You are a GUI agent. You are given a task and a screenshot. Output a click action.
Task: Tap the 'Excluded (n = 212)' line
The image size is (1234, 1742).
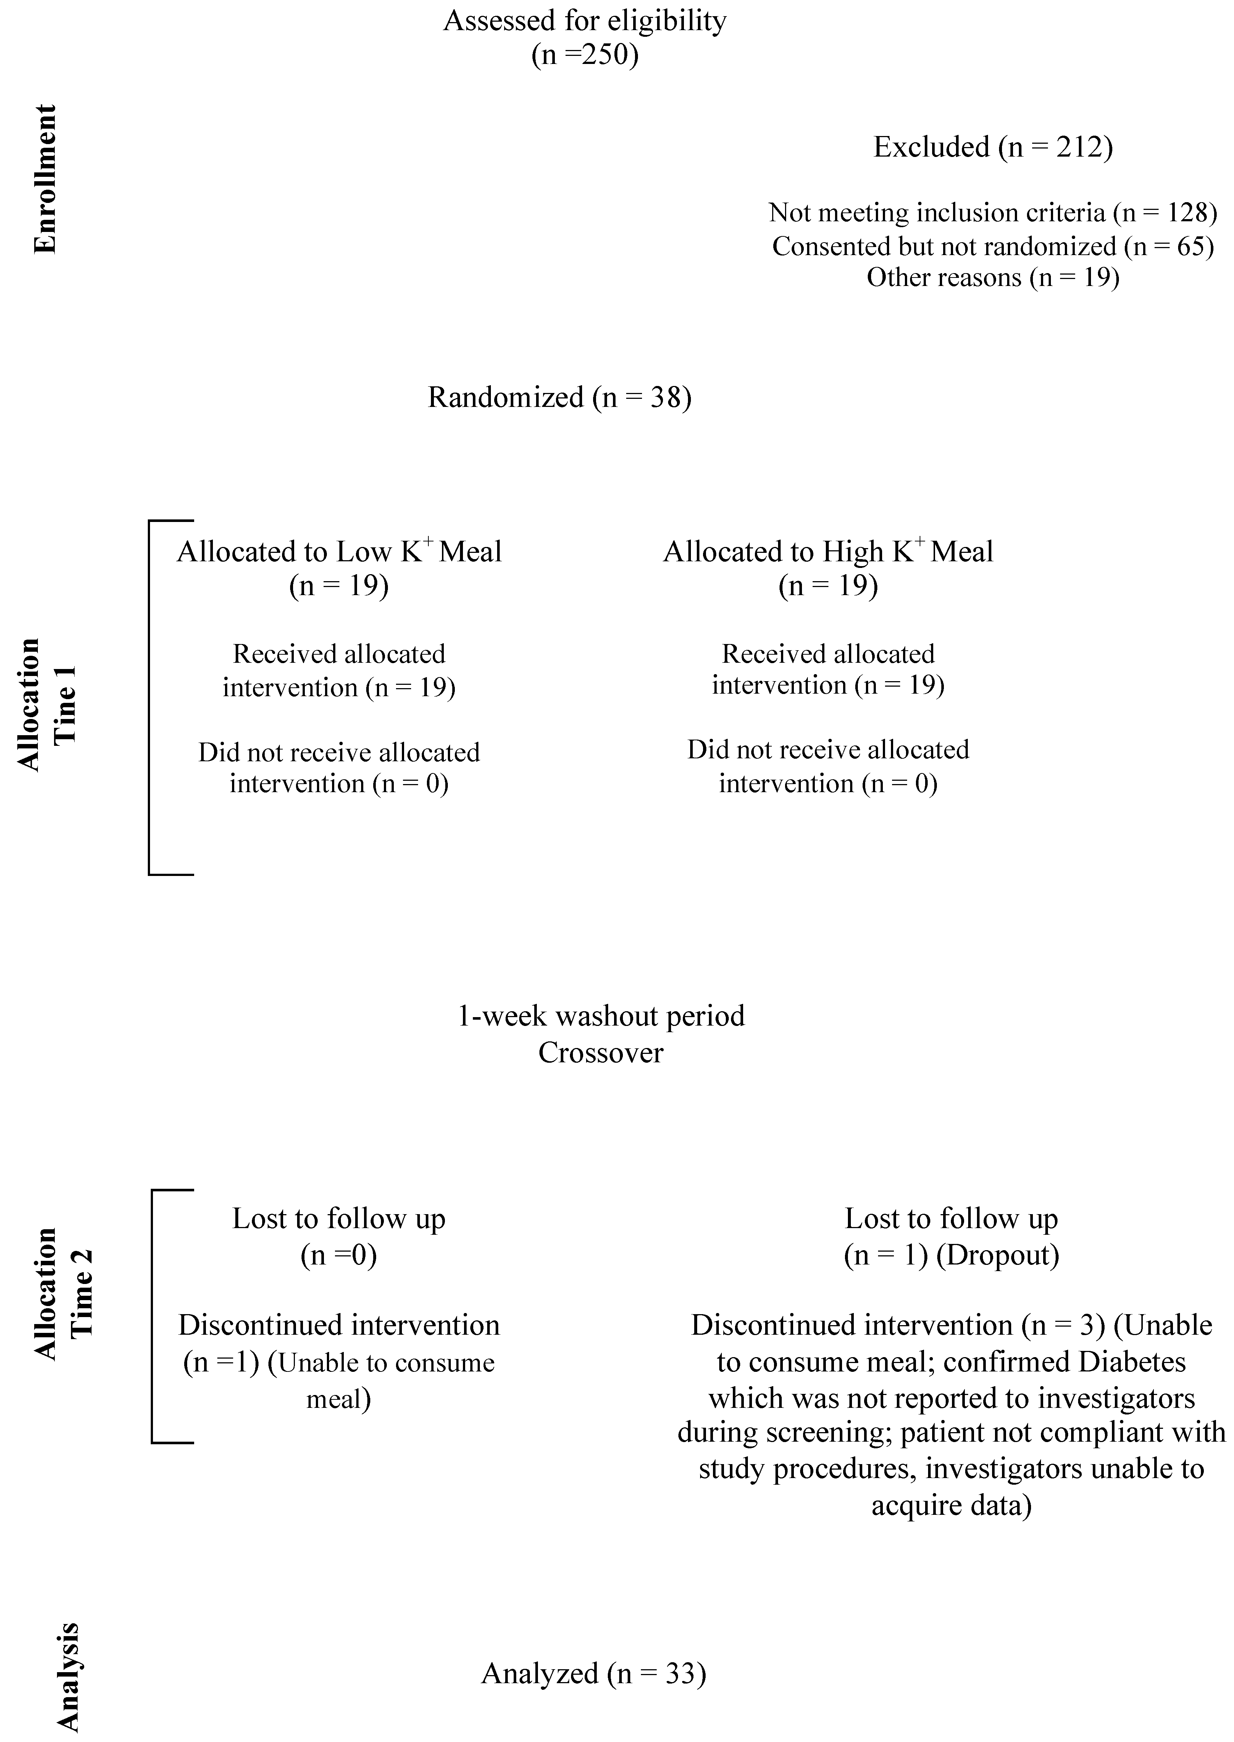click(x=992, y=147)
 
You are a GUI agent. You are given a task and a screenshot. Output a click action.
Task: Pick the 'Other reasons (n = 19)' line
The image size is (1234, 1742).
click(x=992, y=277)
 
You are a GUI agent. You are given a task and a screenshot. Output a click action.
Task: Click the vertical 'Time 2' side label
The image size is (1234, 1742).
click(x=82, y=1293)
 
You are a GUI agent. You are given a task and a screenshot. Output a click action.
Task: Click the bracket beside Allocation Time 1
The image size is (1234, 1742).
click(x=150, y=697)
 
